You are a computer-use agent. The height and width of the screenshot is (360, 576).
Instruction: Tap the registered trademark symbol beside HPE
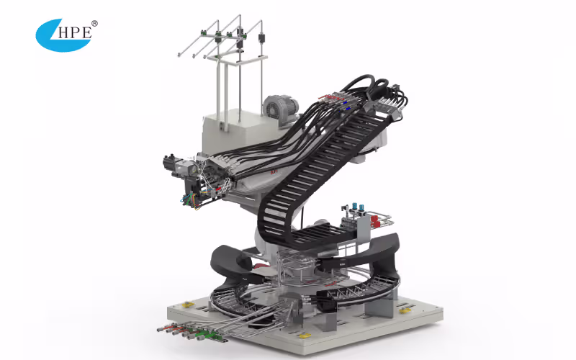(x=94, y=24)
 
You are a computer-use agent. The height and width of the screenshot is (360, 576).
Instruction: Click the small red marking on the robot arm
(x=274, y=173)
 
